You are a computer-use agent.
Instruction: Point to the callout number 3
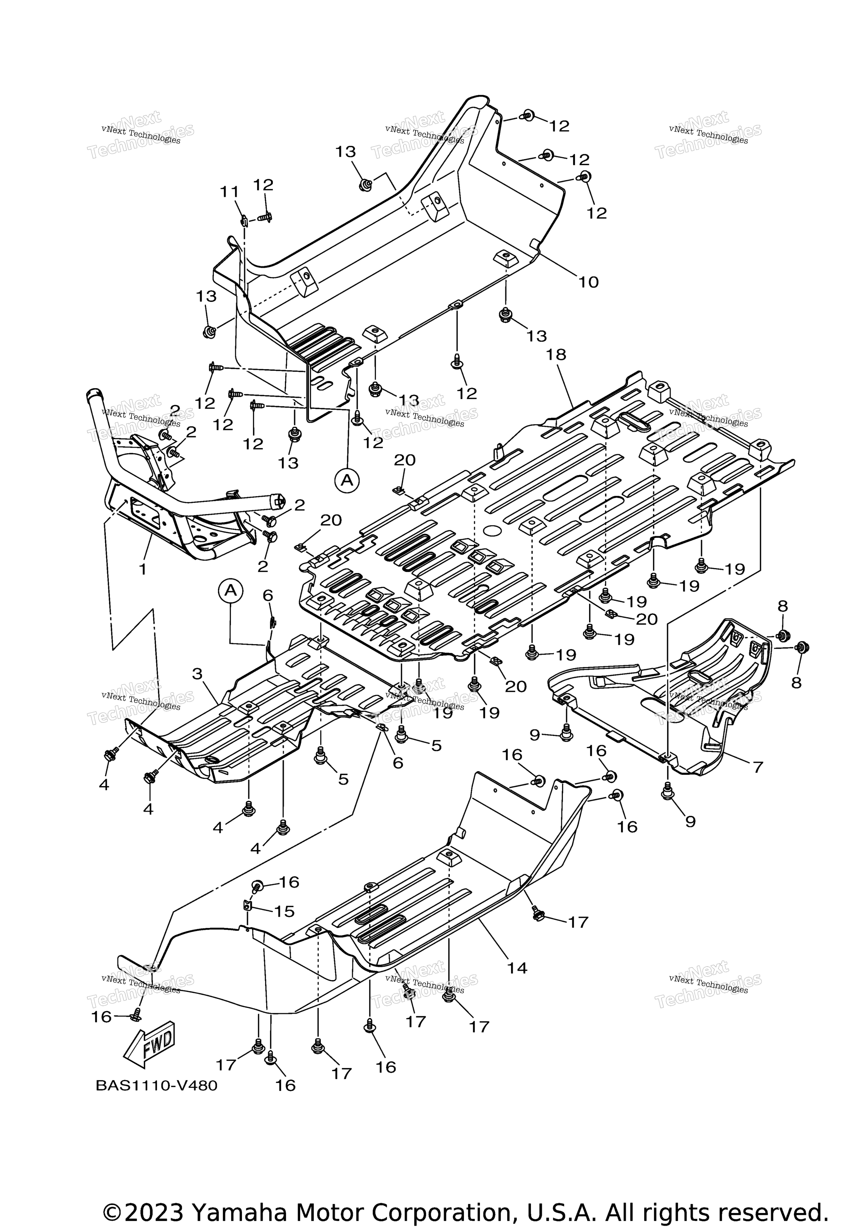coord(197,674)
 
